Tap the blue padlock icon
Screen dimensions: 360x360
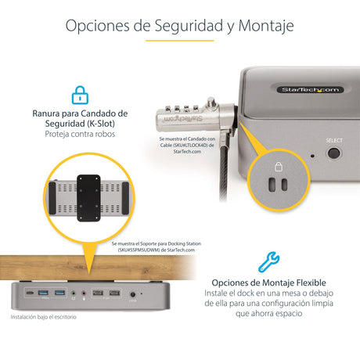click(x=79, y=95)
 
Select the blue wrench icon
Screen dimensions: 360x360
click(x=268, y=261)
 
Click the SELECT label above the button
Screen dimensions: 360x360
click(x=334, y=140)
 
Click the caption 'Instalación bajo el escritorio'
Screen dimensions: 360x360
click(x=45, y=318)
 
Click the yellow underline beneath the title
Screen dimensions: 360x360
click(x=179, y=40)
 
